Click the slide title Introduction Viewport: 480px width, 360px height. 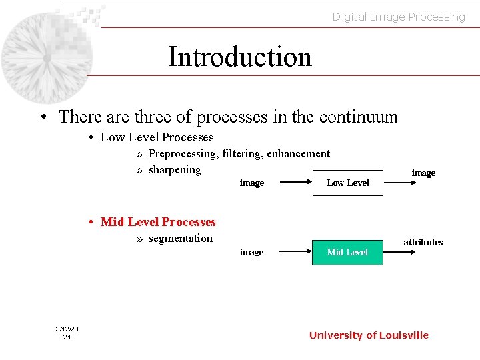pos(240,57)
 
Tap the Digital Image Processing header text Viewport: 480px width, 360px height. pos(399,17)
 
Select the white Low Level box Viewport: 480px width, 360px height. pos(348,183)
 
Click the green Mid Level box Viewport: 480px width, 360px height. pos(348,252)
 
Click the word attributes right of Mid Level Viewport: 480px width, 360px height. pos(423,242)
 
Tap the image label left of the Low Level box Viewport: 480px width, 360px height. pos(252,183)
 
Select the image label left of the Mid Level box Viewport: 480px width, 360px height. pos(251,252)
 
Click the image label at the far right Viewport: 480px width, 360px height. pos(423,173)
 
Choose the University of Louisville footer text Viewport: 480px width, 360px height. pos(369,335)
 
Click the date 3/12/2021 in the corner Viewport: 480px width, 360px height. pos(67,333)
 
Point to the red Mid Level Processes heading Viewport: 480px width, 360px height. pos(158,222)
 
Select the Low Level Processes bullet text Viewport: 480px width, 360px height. pos(157,137)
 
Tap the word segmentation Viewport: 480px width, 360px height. pos(181,238)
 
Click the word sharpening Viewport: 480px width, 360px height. pos(175,169)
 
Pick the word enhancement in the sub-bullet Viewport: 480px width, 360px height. pos(298,153)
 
